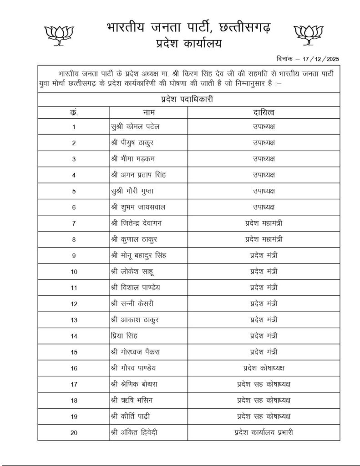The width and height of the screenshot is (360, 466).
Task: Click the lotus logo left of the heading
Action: coord(58,35)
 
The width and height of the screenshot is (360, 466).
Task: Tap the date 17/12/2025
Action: coord(321,59)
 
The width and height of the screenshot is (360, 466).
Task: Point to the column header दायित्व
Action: coord(264,111)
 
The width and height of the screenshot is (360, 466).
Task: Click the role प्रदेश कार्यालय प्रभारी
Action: coord(264,432)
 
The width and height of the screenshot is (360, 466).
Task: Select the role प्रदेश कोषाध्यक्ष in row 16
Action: coord(264,368)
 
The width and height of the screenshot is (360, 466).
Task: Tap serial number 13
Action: coord(74,320)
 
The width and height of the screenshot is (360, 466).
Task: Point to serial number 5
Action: coord(74,191)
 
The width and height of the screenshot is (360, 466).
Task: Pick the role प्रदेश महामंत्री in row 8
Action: coord(264,239)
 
